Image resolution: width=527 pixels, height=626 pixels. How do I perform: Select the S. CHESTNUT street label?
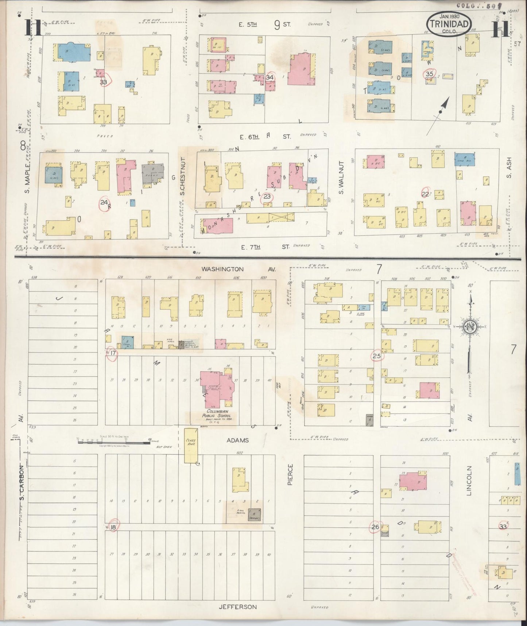(183, 176)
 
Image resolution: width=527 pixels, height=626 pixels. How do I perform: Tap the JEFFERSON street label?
(237, 607)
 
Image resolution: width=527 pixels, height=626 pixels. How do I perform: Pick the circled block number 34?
(270, 77)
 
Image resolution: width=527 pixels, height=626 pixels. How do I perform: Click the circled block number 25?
(376, 355)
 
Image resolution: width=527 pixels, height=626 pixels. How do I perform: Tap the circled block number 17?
(112, 353)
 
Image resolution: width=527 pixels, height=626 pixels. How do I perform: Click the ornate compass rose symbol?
(469, 326)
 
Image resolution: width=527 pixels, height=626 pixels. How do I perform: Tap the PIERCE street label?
(290, 474)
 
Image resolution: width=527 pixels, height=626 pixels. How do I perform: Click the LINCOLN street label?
(469, 480)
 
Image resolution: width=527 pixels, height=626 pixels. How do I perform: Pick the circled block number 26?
(375, 527)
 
